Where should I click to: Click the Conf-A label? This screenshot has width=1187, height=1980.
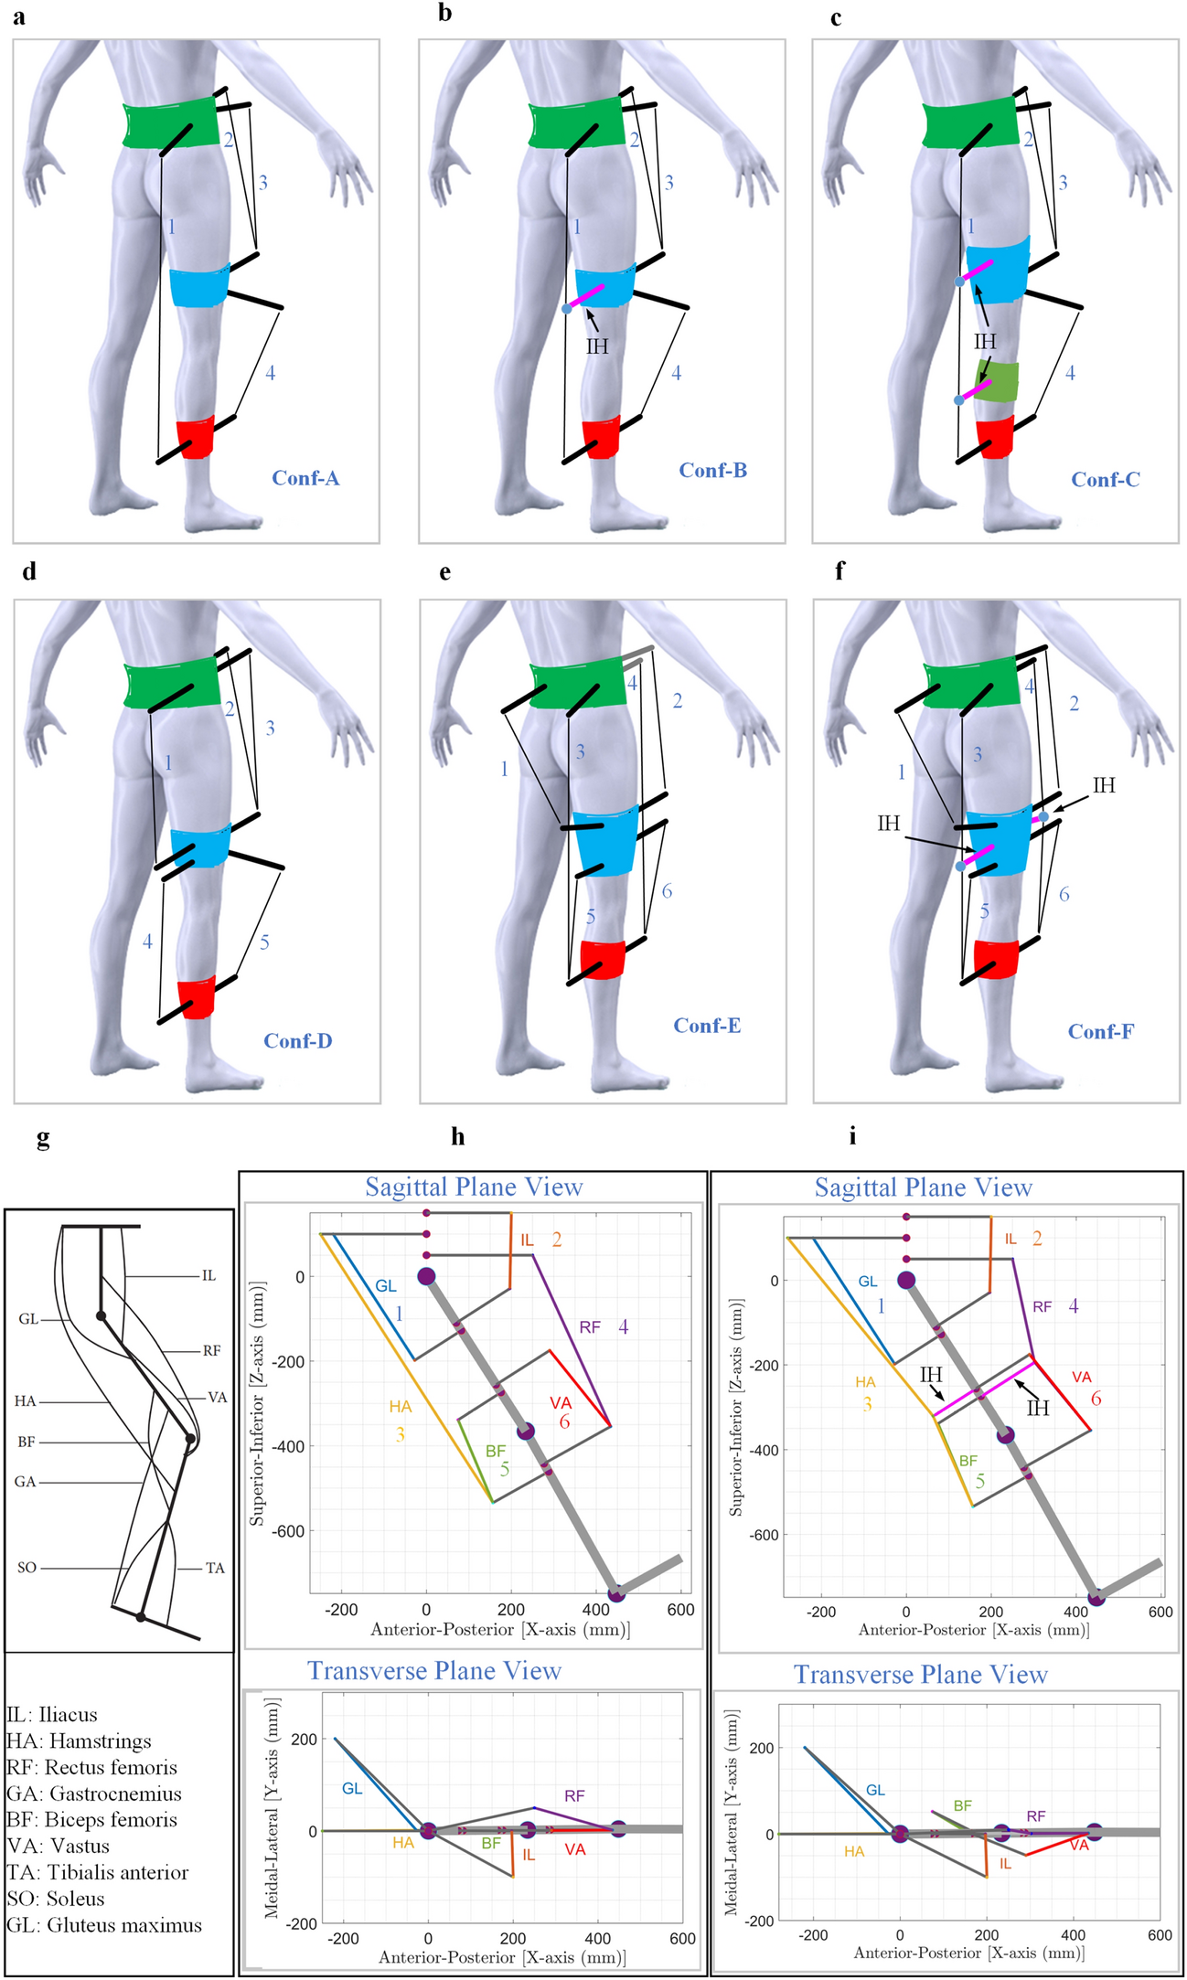tap(305, 478)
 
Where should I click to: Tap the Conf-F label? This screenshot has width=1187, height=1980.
tap(1101, 1031)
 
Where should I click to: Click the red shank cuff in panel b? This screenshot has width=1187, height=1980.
tap(602, 438)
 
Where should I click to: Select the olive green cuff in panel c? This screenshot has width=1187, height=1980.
tap(997, 381)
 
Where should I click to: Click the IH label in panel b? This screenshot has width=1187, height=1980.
tap(597, 346)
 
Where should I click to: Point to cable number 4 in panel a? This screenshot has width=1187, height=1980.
tap(271, 373)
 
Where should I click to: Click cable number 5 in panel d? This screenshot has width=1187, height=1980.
tap(264, 942)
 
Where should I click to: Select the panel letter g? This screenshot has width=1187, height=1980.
tap(43, 1139)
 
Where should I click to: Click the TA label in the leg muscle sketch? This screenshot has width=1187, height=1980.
tap(215, 1568)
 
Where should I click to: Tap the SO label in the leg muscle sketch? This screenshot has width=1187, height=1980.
tap(27, 1567)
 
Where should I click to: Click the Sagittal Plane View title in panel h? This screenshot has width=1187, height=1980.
tap(474, 1187)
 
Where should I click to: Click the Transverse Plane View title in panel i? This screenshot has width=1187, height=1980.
tap(920, 1674)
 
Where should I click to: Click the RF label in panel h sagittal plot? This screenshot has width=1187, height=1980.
tap(590, 1326)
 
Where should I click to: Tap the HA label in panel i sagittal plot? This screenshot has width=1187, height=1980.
tap(865, 1382)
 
